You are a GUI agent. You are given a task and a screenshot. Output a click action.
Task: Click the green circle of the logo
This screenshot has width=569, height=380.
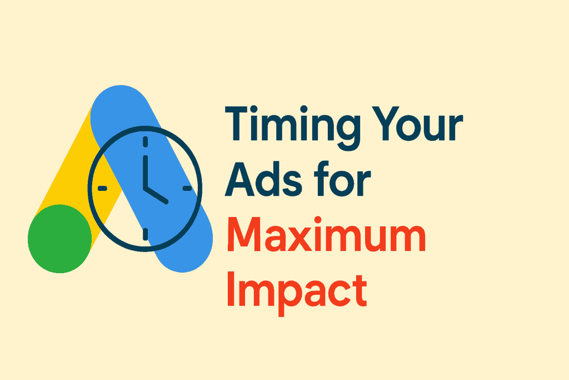click(x=60, y=239)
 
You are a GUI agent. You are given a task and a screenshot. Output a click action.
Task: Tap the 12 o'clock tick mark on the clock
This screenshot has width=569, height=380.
click(x=145, y=142)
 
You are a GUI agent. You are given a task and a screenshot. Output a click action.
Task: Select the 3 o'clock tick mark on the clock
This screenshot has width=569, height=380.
click(x=187, y=188)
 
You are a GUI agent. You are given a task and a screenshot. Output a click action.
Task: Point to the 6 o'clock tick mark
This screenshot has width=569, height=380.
click(x=145, y=234)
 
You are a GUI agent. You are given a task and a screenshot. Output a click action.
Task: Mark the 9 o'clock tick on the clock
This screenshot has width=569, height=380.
click(x=103, y=188)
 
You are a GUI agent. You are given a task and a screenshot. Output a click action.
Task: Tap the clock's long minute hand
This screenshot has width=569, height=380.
click(x=145, y=172)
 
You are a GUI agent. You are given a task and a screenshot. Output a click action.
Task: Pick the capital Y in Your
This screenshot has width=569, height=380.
click(x=386, y=124)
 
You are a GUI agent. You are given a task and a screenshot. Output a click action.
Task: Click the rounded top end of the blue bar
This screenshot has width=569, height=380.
click(x=121, y=95)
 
